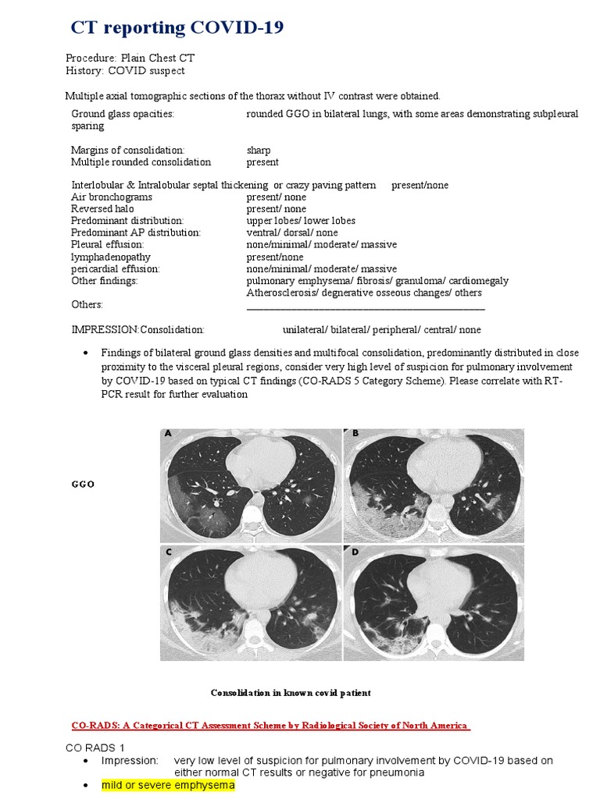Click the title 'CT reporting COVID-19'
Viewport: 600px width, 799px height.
point(177,29)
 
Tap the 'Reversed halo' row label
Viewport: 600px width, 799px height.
point(98,209)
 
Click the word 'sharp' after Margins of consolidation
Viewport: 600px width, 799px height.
point(259,150)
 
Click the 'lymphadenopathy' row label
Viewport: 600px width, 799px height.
point(110,257)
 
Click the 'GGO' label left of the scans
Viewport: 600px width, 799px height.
point(82,485)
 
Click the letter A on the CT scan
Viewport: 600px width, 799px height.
point(168,434)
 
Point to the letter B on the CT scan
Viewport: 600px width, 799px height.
point(355,434)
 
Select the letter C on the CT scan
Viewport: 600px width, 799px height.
point(168,552)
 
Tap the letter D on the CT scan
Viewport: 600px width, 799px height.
point(355,552)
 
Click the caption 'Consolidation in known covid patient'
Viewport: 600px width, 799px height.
point(291,693)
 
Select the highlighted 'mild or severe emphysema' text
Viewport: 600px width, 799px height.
point(168,785)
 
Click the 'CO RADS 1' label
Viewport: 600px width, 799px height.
point(91,748)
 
